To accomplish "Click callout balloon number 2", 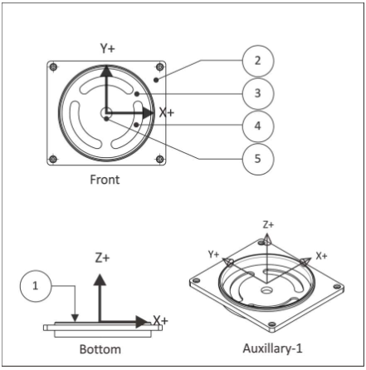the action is [258, 61].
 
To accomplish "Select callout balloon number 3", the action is [258, 93].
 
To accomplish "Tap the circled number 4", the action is [258, 126].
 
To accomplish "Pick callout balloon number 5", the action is [258, 159].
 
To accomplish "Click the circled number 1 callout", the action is [36, 286].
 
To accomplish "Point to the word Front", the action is [105, 180].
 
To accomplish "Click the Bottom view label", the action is [100, 349].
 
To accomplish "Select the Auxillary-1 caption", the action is [272, 348].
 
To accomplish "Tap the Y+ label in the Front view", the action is [107, 48].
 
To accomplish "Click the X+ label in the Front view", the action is [167, 113].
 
